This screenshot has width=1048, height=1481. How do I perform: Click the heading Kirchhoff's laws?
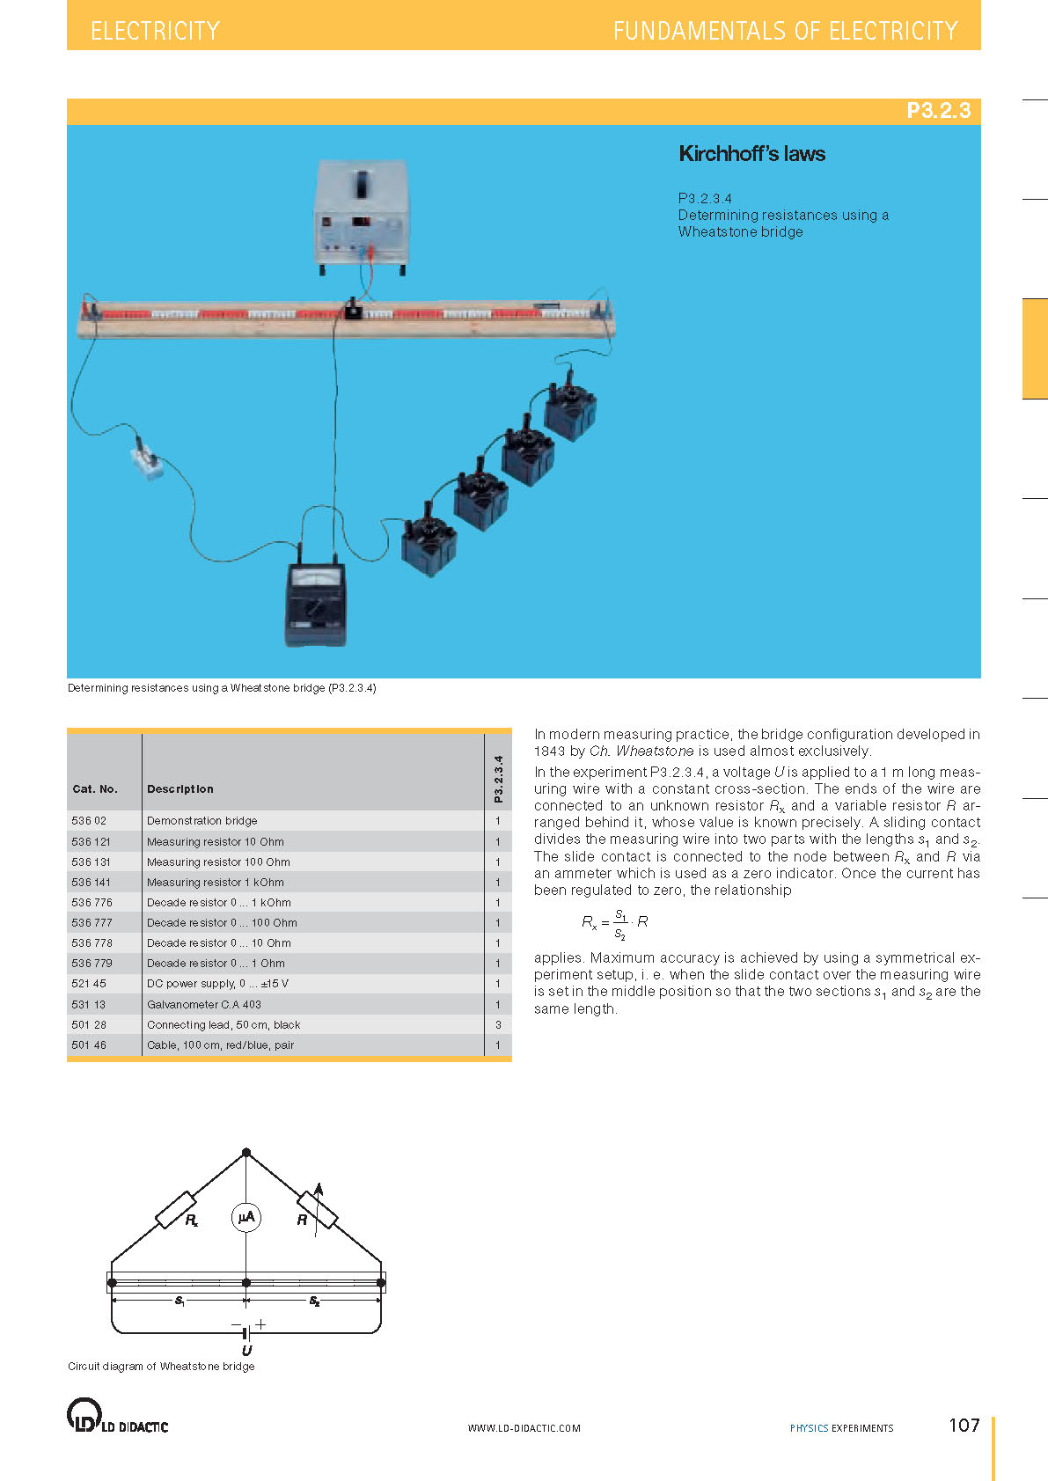coord(751,154)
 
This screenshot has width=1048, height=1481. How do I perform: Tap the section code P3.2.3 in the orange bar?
coord(938,111)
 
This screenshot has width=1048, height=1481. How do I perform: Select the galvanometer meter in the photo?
coord(316,602)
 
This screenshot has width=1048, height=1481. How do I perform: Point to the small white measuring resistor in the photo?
coord(147,462)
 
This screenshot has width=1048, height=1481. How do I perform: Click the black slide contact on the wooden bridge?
coord(354,309)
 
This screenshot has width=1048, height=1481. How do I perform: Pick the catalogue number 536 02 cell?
coord(89,821)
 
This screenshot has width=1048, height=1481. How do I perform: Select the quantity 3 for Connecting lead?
coord(498,1024)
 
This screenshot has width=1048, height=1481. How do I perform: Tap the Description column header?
coord(180,789)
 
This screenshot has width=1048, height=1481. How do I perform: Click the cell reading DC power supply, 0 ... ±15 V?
coord(217,984)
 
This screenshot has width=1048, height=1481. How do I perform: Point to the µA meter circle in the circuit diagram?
coord(246,1217)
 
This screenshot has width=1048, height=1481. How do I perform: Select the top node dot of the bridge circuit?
coord(246,1152)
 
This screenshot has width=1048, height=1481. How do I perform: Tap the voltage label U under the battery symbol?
coord(246,1350)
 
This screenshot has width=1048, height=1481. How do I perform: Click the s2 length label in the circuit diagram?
coord(314,1301)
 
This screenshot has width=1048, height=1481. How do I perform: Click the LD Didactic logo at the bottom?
coord(117,1416)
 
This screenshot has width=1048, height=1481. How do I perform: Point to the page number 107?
coord(964,1426)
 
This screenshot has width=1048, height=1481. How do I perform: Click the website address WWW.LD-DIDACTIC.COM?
coord(524,1428)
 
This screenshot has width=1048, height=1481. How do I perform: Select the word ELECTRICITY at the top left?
coord(155,32)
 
